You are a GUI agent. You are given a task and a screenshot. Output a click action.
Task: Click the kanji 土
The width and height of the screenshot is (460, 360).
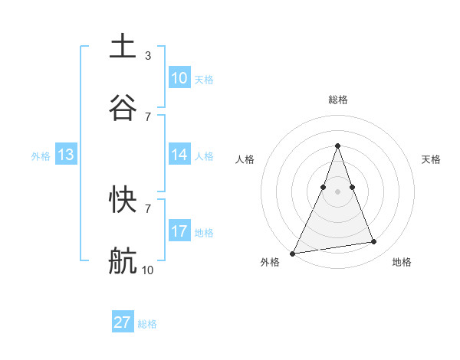123,46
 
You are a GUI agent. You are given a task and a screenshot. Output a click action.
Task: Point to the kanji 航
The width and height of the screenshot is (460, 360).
123,260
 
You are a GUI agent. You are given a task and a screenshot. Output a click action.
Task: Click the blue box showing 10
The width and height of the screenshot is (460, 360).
179,77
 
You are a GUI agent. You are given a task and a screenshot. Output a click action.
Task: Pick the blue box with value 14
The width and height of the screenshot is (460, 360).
179,155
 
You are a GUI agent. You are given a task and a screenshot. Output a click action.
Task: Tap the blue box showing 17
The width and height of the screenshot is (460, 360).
179,231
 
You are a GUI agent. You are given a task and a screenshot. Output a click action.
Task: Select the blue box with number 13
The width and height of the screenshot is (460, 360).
66,155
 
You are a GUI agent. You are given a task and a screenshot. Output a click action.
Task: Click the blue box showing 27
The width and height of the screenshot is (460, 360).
123,322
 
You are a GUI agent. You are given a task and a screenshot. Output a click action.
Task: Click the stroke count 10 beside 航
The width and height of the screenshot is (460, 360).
147,270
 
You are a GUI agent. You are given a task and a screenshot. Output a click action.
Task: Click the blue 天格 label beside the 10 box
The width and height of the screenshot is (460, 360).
203,79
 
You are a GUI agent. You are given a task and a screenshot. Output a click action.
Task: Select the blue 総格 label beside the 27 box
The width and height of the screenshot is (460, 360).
147,324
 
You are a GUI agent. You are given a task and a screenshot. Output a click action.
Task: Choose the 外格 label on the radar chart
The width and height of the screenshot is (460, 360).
270,262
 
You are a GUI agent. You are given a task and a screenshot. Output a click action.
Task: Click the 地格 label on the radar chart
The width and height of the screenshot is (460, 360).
402,262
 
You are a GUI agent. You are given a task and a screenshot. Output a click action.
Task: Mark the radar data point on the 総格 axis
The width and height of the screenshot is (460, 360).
337,146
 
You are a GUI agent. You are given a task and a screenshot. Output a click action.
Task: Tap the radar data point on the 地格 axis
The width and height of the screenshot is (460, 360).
374,242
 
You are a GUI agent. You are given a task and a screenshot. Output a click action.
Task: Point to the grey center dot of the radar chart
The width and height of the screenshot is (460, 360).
337,191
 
